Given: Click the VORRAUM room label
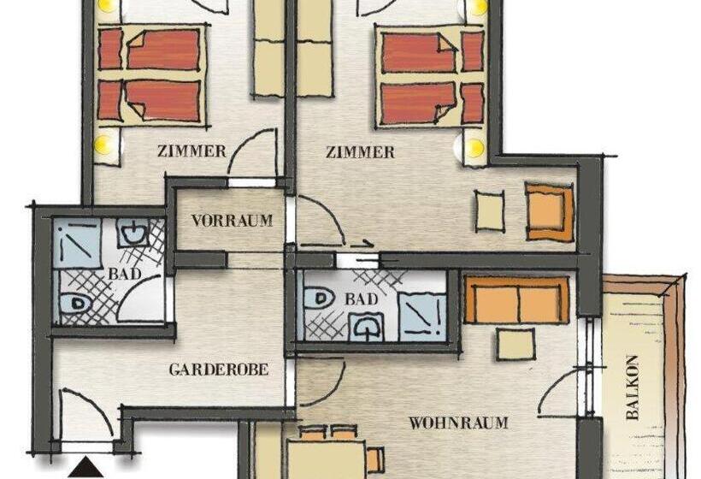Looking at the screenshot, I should tap(232, 221).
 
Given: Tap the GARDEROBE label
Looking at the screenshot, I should tap(219, 370).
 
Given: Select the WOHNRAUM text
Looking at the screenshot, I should tap(458, 423).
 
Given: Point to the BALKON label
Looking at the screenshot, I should tap(633, 387).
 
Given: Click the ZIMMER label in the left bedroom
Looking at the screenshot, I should tap(192, 151).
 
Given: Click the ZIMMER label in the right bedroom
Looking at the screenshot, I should tap(361, 152).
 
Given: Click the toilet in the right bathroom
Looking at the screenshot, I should tap(319, 299).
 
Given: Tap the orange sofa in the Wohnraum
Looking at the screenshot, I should tap(516, 301).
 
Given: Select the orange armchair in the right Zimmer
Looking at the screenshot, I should tap(549, 210).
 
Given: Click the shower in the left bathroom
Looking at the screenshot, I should tap(78, 243).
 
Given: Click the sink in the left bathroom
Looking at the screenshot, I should tap(133, 231).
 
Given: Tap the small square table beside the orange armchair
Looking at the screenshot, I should tap(490, 210).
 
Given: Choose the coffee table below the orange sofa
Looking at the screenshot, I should tap(516, 344).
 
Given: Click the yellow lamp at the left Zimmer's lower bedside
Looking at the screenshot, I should tap(105, 145).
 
